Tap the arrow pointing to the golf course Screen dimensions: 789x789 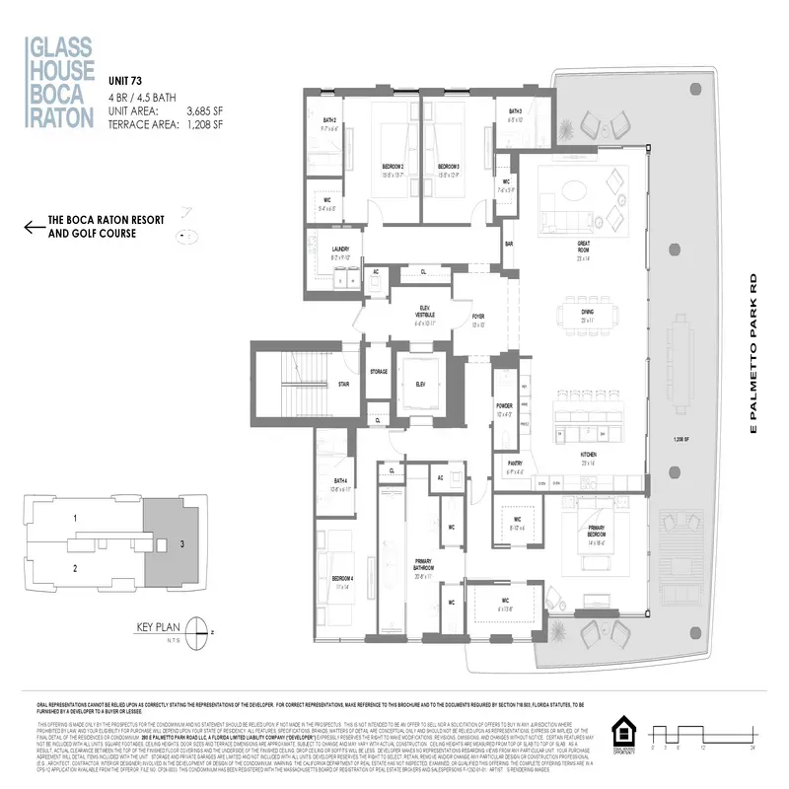click(35, 229)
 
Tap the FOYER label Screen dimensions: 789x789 click(478, 319)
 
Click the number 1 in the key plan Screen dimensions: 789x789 click(74, 518)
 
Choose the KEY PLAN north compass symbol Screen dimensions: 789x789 click(201, 629)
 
